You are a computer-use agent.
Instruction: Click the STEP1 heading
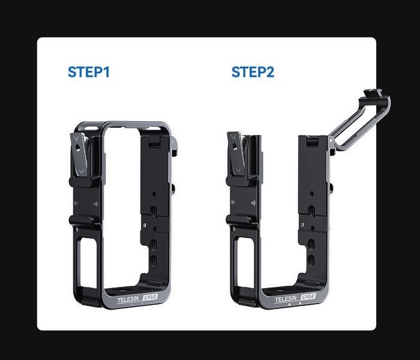point(89,73)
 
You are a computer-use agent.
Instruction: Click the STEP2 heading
point(253,73)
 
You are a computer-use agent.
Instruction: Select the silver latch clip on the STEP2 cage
point(236,157)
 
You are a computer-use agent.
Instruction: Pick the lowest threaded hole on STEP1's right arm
point(152,260)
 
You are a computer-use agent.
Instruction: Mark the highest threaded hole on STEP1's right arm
point(154,209)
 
